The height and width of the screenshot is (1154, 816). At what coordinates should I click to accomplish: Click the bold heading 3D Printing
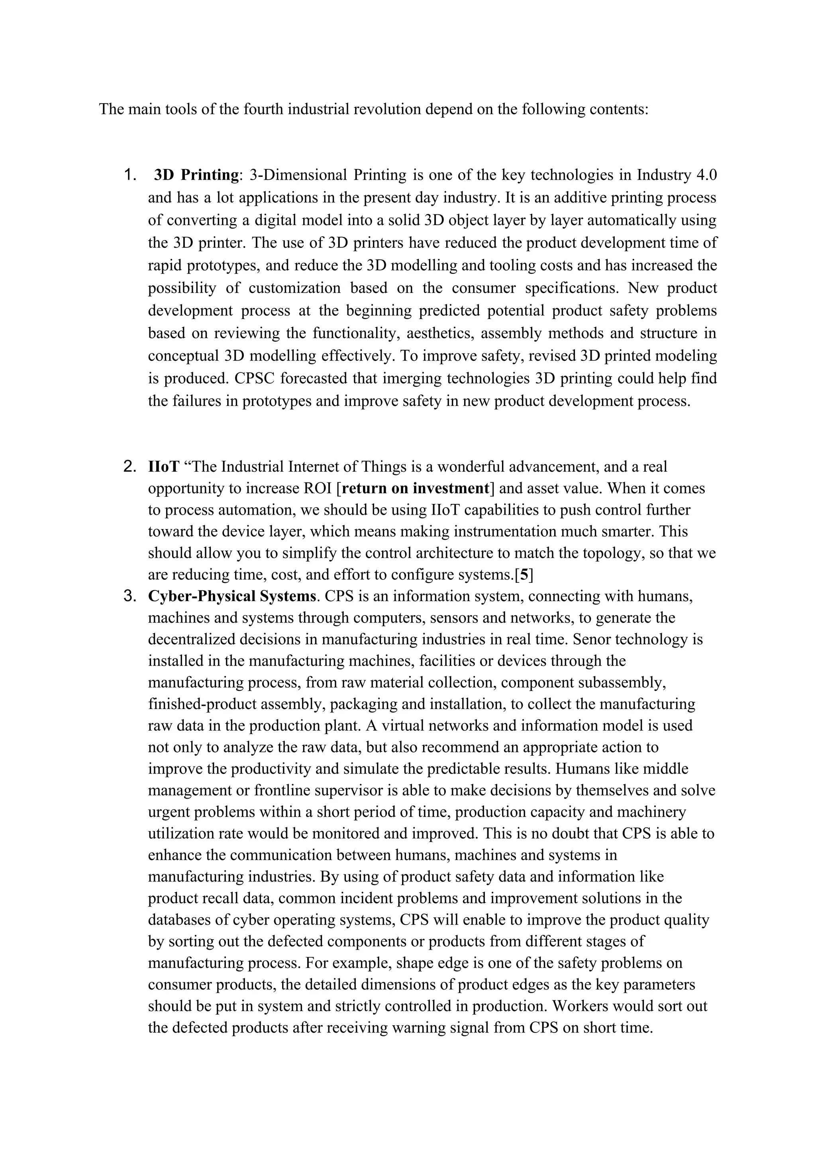(196, 175)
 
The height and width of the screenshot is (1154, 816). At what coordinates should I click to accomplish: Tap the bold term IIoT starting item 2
(163, 466)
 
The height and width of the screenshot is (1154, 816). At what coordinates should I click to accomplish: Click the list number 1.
(130, 175)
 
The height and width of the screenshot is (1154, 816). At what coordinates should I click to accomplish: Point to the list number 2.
(130, 466)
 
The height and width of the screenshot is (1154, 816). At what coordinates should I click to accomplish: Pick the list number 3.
(130, 596)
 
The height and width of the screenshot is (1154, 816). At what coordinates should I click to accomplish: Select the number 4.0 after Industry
(705, 175)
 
